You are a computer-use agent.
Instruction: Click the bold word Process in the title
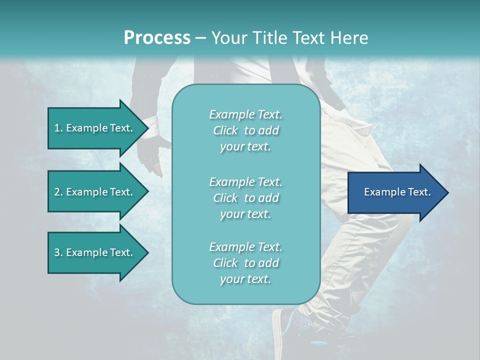click(157, 38)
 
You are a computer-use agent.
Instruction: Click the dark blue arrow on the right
click(395, 192)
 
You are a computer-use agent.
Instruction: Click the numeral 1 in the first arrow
click(57, 128)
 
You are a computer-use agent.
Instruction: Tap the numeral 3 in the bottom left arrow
click(57, 252)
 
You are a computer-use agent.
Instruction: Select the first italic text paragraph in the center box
click(245, 130)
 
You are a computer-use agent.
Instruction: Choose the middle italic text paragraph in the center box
click(245, 198)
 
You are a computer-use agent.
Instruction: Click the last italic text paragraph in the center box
click(245, 263)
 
